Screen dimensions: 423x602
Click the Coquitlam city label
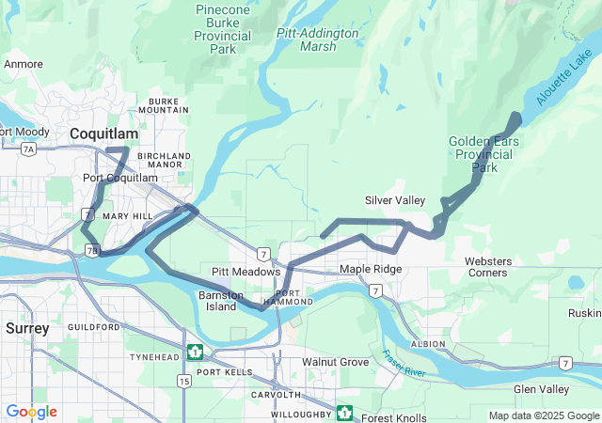[111, 134]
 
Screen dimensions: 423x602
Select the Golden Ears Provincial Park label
[484, 154]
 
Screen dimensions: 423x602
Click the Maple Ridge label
[371, 270]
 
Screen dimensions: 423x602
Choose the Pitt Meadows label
[246, 272]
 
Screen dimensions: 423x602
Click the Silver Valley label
[395, 200]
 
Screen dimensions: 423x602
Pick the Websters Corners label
[486, 267]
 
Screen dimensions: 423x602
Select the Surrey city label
[26, 328]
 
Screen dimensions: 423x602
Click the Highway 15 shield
[183, 381]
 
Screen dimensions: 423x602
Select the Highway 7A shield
[29, 149]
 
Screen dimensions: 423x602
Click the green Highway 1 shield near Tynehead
[195, 352]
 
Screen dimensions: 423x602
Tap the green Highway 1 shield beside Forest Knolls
[345, 413]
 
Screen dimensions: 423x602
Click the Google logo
[32, 412]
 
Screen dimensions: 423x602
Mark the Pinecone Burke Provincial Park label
[222, 29]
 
